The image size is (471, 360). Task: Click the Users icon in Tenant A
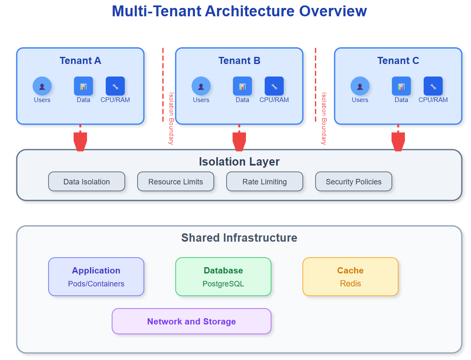pos(42,86)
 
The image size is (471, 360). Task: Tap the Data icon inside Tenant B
pos(242,86)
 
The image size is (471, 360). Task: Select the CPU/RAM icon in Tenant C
pos(433,86)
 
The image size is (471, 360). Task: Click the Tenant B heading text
pos(239,61)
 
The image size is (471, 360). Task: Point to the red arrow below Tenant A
pos(80,140)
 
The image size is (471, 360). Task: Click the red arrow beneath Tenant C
pos(398,140)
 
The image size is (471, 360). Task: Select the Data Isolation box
pos(87,181)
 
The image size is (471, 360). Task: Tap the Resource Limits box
pos(176,181)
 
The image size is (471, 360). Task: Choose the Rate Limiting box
pos(264,181)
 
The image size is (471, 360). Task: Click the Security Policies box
pos(353,181)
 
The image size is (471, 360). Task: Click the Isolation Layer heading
pos(239,162)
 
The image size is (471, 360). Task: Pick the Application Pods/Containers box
pos(96,277)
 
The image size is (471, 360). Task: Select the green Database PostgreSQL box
pos(223,277)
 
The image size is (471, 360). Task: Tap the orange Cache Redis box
pos(351,277)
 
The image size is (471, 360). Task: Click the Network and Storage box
pos(192,321)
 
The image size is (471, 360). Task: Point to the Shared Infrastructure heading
pos(239,238)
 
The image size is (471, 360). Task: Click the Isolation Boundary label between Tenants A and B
pos(171,118)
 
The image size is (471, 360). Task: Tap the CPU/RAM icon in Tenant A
pos(115,86)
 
